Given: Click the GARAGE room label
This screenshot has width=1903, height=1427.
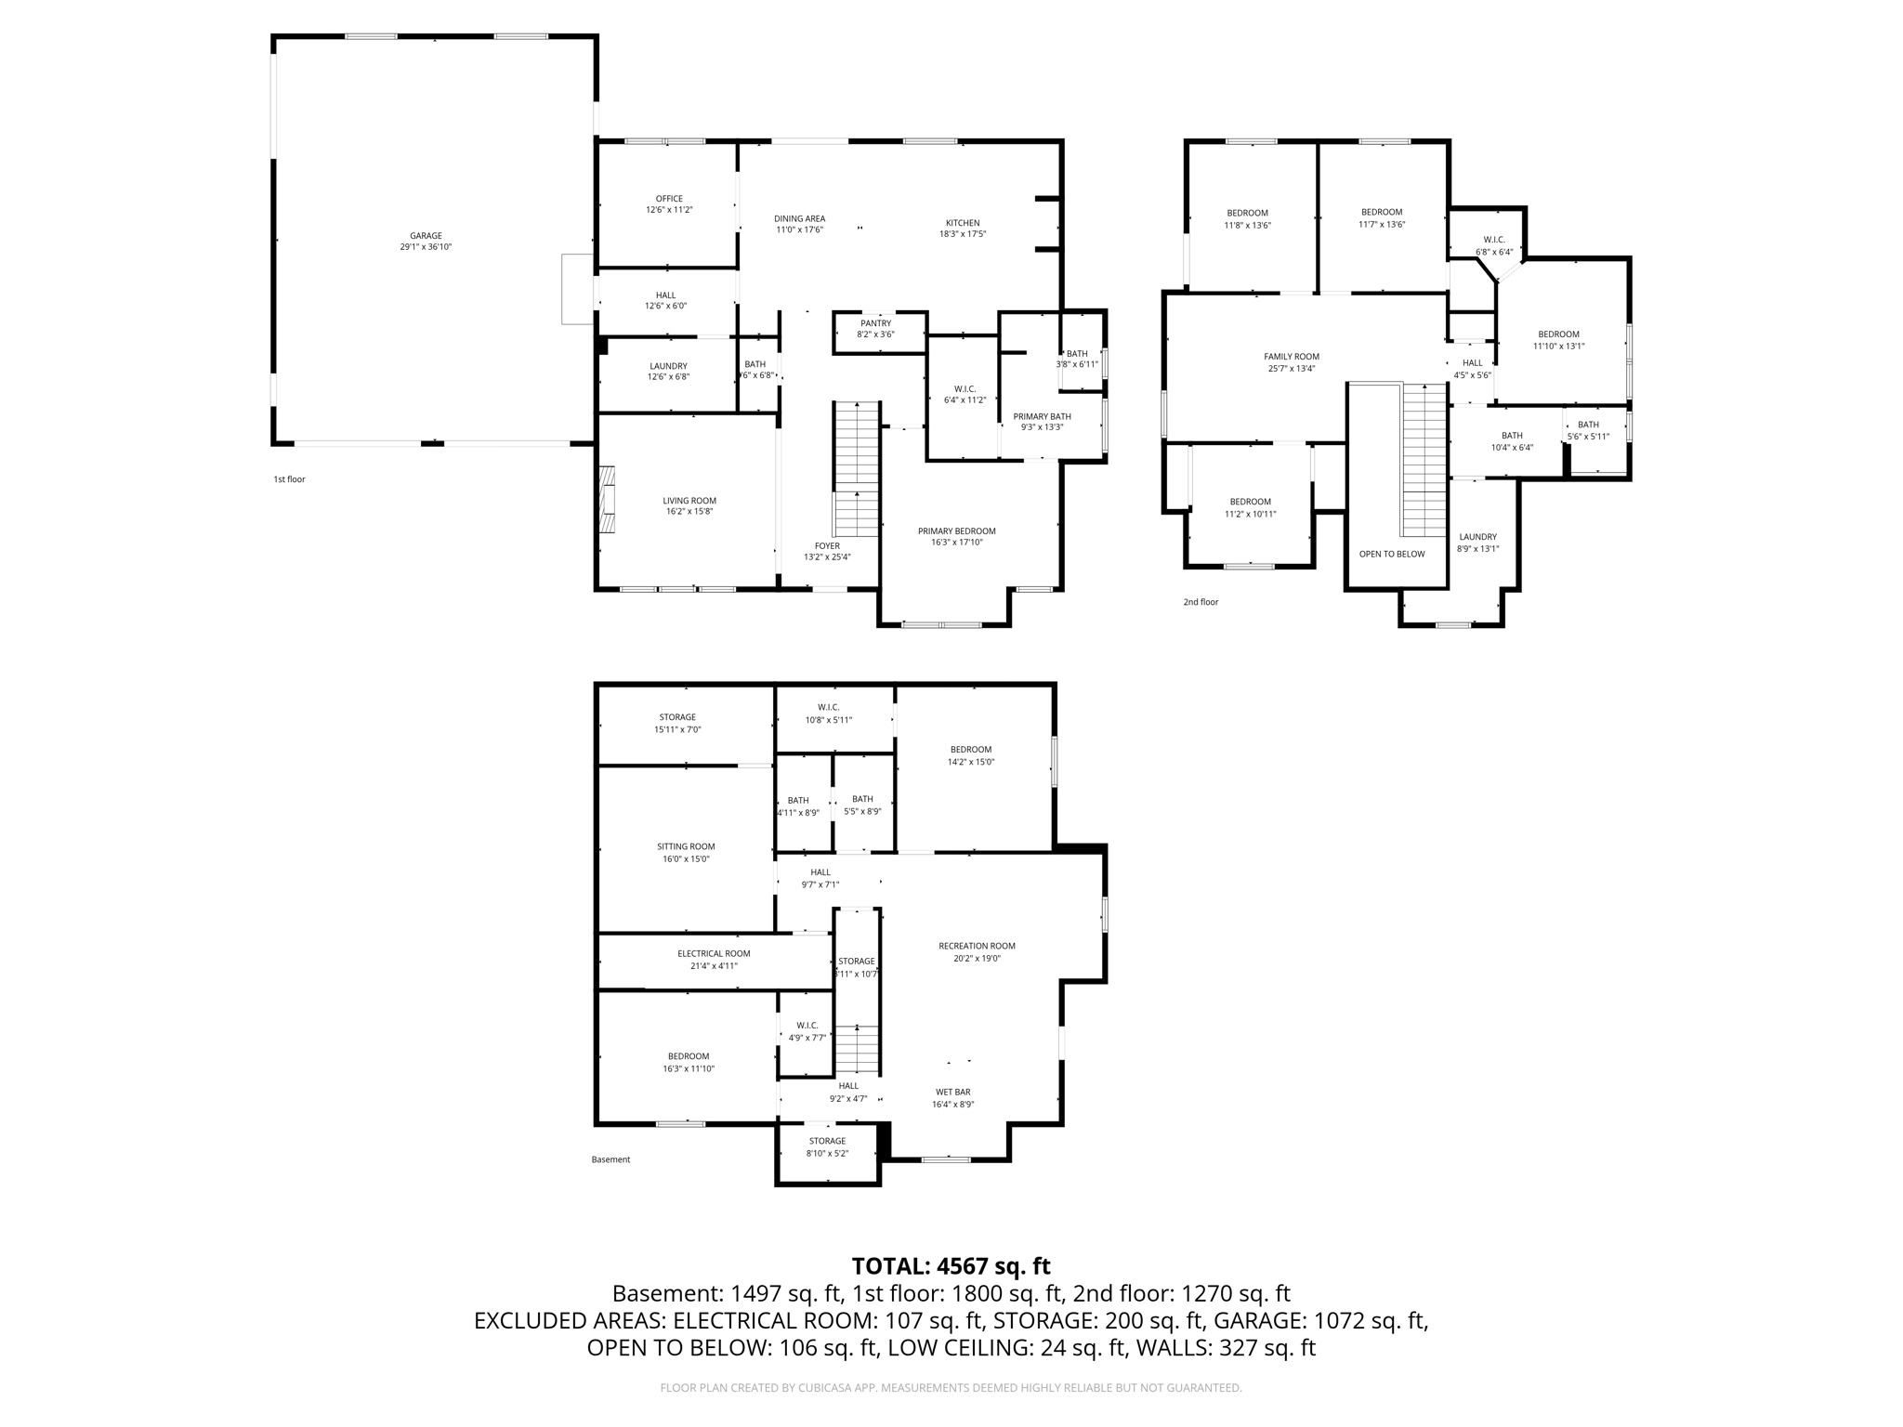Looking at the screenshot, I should [x=426, y=236].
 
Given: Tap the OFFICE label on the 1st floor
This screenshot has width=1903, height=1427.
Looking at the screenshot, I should [x=669, y=199].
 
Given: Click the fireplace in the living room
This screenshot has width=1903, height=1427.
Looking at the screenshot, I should [x=607, y=499].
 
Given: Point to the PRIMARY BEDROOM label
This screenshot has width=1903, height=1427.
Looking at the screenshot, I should [x=956, y=531].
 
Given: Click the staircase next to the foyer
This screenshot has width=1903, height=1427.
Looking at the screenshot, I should [x=856, y=469].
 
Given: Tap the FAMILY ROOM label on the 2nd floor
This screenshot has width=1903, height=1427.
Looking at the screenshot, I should [x=1291, y=357].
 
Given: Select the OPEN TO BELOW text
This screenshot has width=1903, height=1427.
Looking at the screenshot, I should [x=1391, y=554].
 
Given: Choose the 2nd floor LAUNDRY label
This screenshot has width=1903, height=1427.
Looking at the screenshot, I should [x=1477, y=537].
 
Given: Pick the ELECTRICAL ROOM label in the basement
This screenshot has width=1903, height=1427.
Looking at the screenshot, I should [x=714, y=953].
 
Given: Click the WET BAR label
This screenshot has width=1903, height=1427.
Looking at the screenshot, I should [x=952, y=1093].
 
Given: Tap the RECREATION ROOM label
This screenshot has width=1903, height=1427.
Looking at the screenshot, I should [x=977, y=946].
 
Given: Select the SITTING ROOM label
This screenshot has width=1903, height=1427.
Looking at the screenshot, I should [x=686, y=846].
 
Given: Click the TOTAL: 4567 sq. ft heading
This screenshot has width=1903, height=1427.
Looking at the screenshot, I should [x=951, y=1266].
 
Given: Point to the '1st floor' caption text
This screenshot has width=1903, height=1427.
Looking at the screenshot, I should [x=289, y=479].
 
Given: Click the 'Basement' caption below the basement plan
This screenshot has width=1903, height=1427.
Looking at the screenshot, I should [x=610, y=1159].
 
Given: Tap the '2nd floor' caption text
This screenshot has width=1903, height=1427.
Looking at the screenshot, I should [x=1200, y=602].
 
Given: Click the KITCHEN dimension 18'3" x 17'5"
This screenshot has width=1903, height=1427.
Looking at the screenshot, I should [x=962, y=234].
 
